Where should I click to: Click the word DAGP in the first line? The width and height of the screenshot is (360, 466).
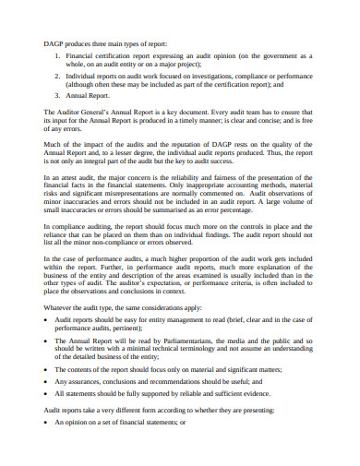coord(54,43)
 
